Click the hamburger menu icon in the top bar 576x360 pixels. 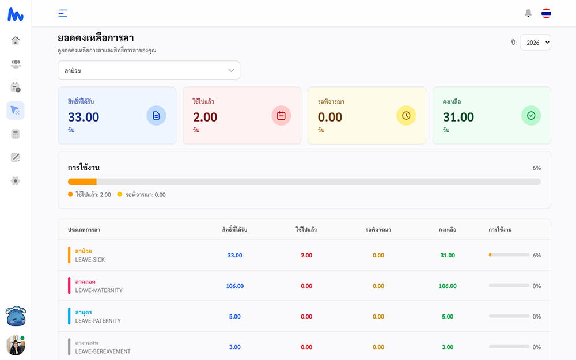(63, 13)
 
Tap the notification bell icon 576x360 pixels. (528, 13)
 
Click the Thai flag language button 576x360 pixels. (546, 13)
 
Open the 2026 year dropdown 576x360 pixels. (535, 43)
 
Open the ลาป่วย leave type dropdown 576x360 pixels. (149, 70)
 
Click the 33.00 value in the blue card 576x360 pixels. (84, 117)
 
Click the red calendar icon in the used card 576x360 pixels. (281, 116)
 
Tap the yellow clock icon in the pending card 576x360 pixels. (406, 116)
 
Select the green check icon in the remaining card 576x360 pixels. (531, 116)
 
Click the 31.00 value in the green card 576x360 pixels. (458, 117)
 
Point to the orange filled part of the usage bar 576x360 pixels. (82, 181)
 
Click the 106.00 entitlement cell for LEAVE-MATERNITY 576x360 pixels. (234, 286)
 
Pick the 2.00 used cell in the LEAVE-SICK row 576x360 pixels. (306, 255)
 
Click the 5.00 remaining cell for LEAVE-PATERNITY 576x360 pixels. (448, 316)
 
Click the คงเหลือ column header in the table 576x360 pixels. (448, 230)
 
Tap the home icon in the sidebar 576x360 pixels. (16, 40)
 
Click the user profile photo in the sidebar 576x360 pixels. (15, 345)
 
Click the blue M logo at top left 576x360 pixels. (16, 14)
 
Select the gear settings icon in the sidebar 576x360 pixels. (16, 181)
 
